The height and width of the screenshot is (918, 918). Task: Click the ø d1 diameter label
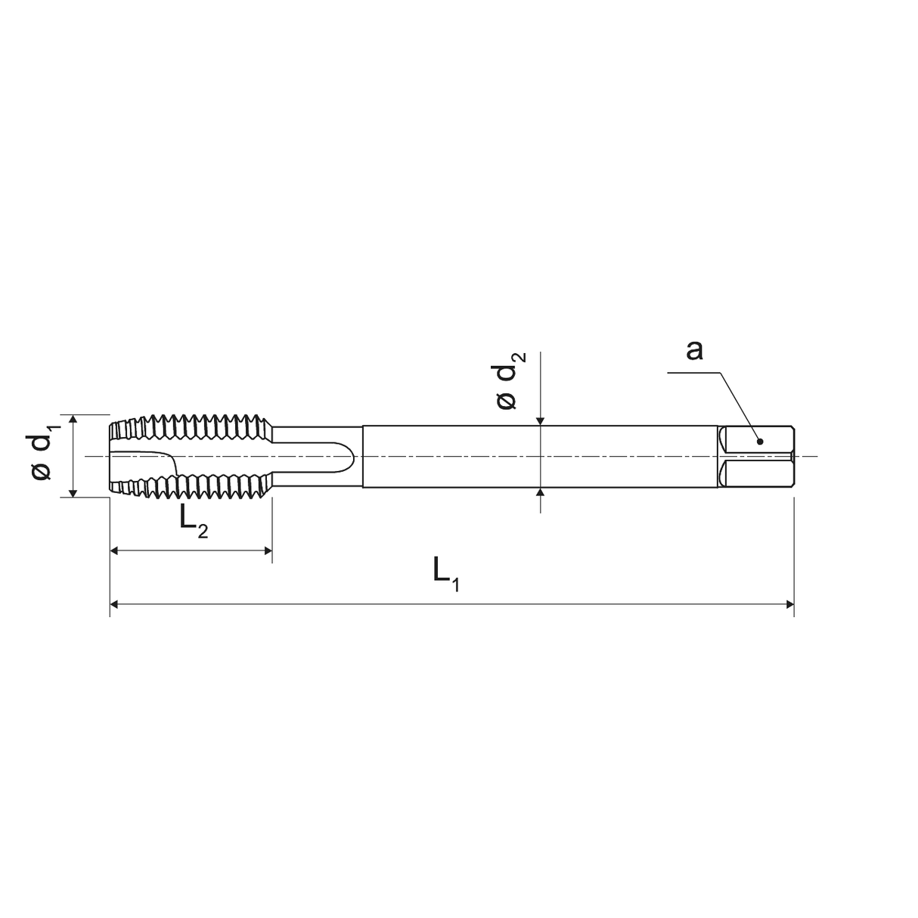click(x=42, y=454)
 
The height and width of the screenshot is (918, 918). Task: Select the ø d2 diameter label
click(x=509, y=380)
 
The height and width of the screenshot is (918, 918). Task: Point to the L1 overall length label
click(x=445, y=572)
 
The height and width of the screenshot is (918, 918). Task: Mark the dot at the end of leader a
click(x=760, y=441)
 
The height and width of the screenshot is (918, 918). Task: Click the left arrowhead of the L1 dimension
click(x=115, y=604)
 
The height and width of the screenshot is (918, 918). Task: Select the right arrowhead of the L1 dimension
click(x=789, y=604)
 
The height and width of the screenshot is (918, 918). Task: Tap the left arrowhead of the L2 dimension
click(x=115, y=550)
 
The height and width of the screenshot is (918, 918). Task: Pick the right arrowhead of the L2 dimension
click(x=267, y=550)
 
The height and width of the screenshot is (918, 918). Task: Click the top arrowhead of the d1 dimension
click(x=73, y=419)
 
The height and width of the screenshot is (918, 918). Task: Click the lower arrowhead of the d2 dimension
click(x=540, y=492)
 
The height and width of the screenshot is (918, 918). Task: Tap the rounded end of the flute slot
click(x=349, y=456)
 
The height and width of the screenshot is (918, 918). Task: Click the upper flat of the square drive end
click(x=756, y=439)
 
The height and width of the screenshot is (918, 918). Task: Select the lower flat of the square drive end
click(x=756, y=474)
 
